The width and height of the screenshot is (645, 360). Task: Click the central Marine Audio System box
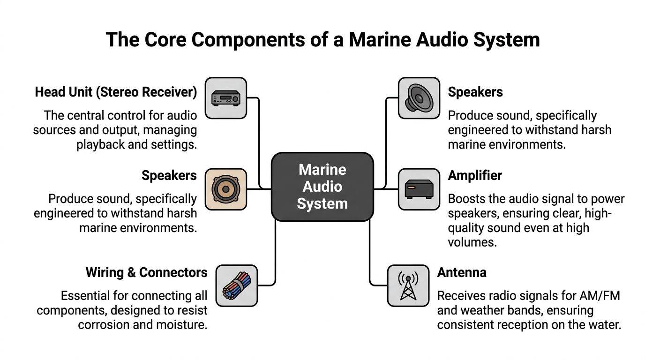click(x=322, y=187)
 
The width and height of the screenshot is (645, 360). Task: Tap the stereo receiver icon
click(x=226, y=98)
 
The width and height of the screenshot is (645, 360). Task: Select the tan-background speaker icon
click(x=226, y=189)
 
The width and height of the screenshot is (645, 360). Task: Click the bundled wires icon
click(x=237, y=285)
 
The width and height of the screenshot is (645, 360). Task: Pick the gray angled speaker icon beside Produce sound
click(x=419, y=98)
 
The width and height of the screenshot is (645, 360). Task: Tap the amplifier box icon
click(x=419, y=189)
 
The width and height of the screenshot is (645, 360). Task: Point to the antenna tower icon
click(x=408, y=285)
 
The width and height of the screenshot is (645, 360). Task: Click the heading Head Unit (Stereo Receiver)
click(x=116, y=92)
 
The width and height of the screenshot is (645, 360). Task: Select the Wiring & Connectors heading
click(x=146, y=272)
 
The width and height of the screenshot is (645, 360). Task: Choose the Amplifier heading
click(x=475, y=175)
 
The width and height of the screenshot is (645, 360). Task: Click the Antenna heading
click(x=462, y=272)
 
